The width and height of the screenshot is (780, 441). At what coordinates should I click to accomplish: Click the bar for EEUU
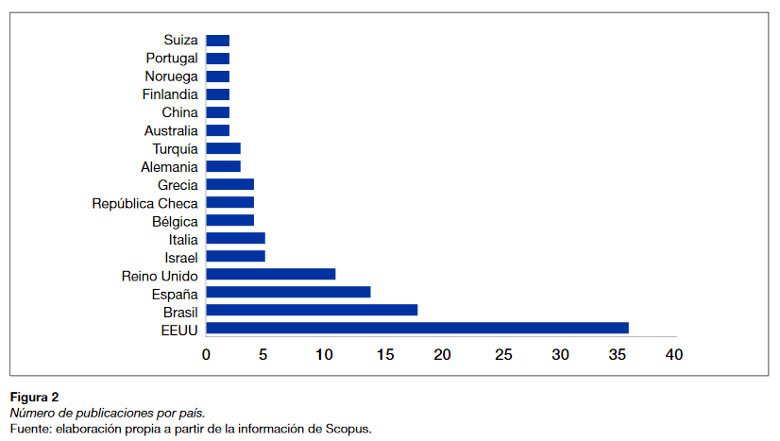[x=416, y=328]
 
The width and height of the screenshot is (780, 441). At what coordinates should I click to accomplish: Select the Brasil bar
[x=312, y=310]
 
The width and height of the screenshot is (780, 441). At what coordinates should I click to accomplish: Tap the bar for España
[x=288, y=292]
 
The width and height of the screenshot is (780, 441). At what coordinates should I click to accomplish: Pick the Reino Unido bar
[x=270, y=274]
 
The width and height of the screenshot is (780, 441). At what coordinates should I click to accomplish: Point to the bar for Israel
[x=235, y=256]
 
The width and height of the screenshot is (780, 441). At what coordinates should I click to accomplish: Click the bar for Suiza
[x=217, y=40]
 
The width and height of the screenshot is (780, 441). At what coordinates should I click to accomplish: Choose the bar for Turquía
[x=223, y=148]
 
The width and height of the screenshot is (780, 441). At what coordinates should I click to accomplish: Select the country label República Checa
[x=144, y=203]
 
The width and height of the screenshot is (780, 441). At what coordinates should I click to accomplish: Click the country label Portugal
[x=172, y=59]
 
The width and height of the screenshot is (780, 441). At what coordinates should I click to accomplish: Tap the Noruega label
[x=172, y=76]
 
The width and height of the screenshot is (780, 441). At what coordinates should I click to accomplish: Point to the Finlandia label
[x=170, y=94]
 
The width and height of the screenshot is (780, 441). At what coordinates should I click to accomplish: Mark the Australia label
[x=171, y=130]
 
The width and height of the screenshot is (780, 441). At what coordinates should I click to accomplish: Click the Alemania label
[x=169, y=166]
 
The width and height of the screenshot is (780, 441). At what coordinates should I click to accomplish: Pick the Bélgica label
[x=175, y=221]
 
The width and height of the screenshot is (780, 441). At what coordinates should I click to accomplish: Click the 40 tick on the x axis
[x=672, y=355]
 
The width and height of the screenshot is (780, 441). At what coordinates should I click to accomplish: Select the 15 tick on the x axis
[x=382, y=355]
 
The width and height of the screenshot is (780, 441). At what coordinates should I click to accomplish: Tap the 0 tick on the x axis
[x=206, y=355]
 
